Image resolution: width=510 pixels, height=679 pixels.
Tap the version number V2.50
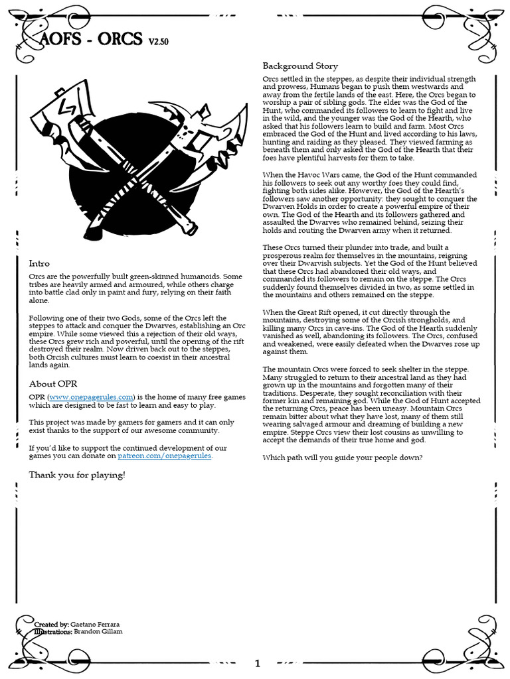pyautogui.click(x=158, y=42)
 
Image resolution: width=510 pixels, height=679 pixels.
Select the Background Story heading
pyautogui.click(x=300, y=66)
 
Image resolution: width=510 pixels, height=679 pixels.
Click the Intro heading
pyautogui.click(x=39, y=263)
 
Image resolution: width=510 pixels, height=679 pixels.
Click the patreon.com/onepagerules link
pyautogui.click(x=165, y=456)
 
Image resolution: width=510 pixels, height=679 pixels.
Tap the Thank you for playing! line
pyautogui.click(x=77, y=475)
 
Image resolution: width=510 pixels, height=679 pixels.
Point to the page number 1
pyautogui.click(x=258, y=663)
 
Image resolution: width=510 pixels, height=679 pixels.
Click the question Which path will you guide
pyautogui.click(x=342, y=458)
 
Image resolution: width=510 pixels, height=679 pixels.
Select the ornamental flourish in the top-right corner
pyautogui.click(x=465, y=30)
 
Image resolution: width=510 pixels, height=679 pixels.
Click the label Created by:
pyautogui.click(x=51, y=625)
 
